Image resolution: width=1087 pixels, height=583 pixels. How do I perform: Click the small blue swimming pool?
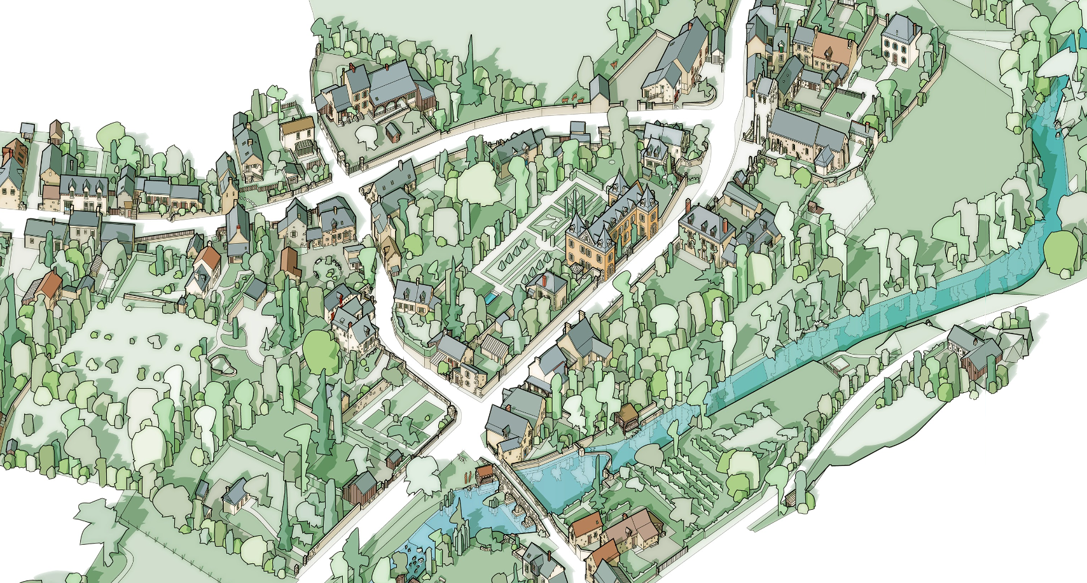[x=491, y=297]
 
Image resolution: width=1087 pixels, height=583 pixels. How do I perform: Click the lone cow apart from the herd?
[x=613, y=64]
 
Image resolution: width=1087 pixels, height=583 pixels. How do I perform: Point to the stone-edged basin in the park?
[x=219, y=365]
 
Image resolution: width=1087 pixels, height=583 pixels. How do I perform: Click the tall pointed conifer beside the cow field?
[x=471, y=57]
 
